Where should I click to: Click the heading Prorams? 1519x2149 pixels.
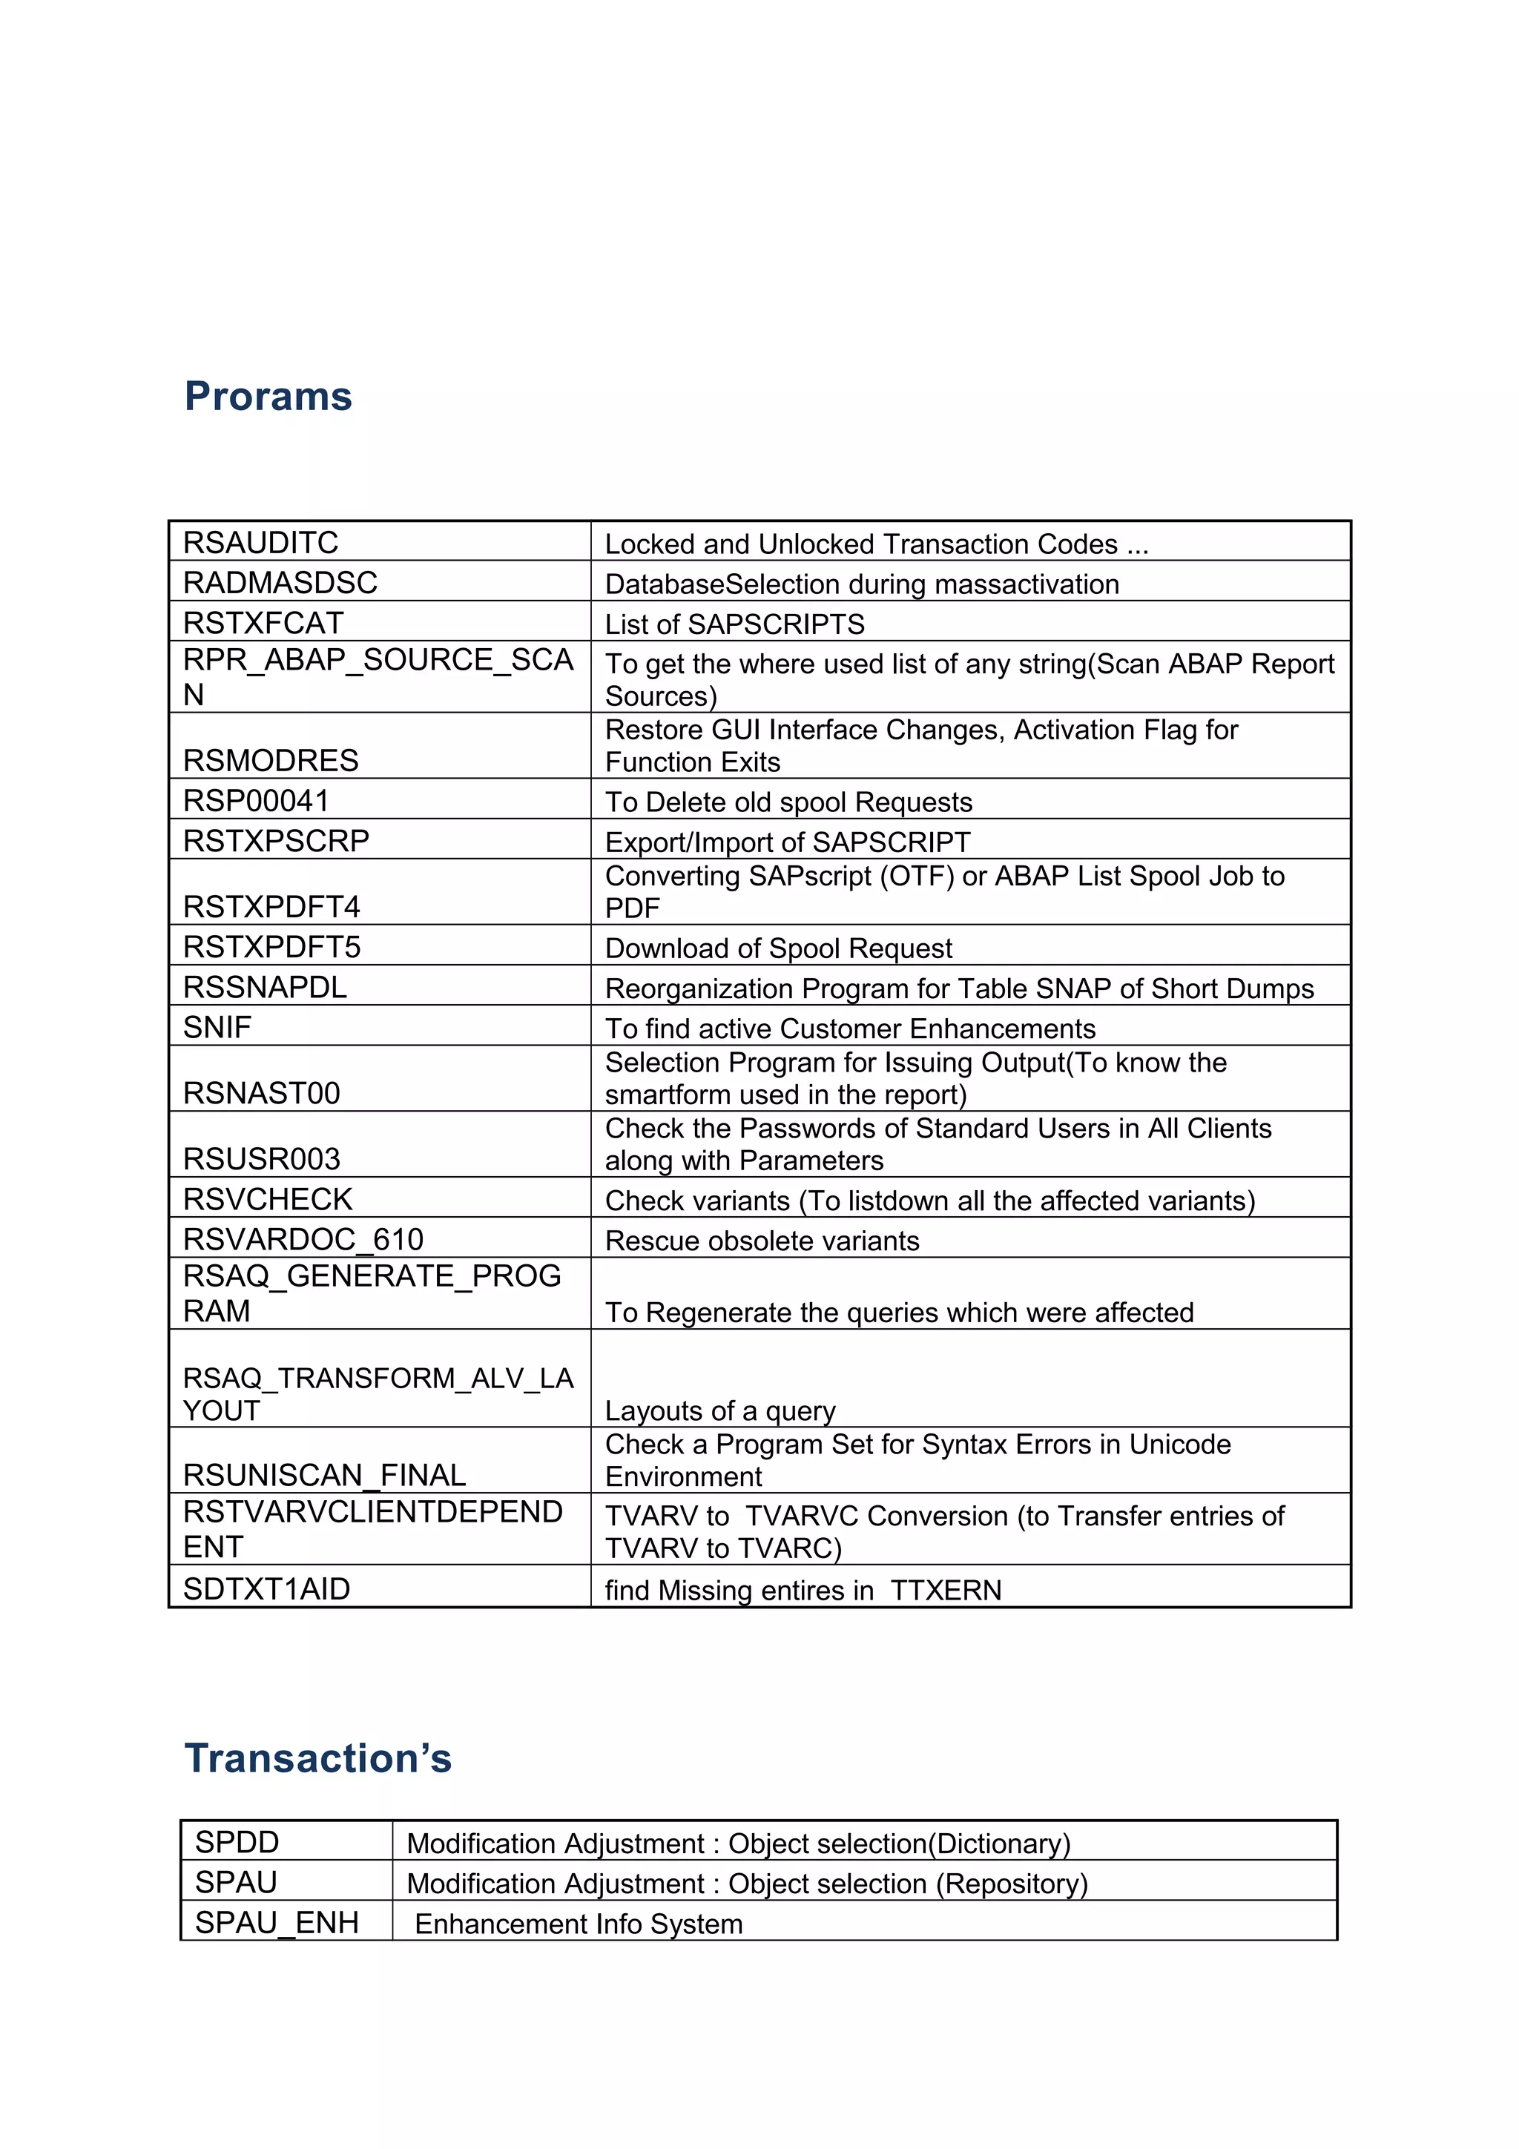(268, 396)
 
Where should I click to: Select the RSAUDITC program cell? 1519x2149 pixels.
(261, 542)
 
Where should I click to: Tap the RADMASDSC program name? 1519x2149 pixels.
(280, 582)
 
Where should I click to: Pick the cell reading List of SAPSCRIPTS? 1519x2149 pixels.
(735, 624)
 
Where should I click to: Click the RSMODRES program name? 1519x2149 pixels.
(271, 760)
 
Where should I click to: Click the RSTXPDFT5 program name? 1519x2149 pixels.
(271, 946)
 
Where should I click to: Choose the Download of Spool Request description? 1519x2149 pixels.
(779, 948)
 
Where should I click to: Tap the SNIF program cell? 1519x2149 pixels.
(217, 1027)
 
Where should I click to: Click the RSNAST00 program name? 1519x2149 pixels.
(261, 1092)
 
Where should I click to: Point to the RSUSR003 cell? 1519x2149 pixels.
(261, 1159)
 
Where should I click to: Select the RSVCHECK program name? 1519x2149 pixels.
(268, 1199)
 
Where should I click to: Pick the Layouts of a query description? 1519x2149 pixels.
(719, 1410)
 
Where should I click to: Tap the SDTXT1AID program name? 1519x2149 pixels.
(267, 1588)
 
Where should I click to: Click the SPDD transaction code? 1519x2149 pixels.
(237, 1842)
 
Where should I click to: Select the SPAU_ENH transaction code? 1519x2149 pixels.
(277, 1923)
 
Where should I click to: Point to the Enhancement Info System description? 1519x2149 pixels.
(579, 1924)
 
